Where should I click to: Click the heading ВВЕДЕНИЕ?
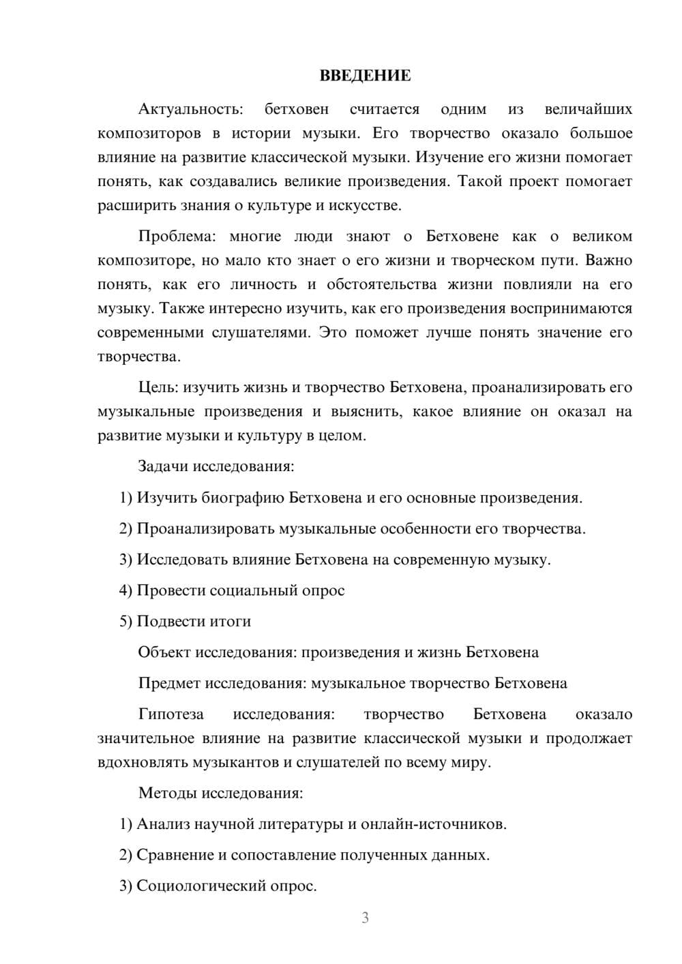click(365, 76)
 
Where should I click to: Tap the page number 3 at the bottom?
click(365, 918)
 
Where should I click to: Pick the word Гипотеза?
click(171, 714)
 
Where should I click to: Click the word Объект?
click(164, 652)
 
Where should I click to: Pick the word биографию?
click(243, 498)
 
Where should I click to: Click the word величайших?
click(589, 109)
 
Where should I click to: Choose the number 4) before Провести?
click(125, 590)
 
